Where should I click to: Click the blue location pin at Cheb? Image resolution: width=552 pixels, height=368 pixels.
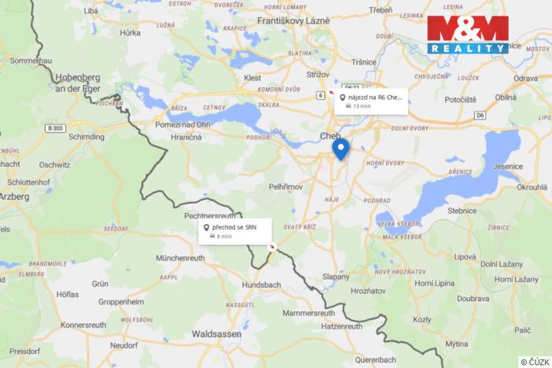point(340,148)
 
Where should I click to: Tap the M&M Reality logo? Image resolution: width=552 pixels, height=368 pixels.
point(468,34)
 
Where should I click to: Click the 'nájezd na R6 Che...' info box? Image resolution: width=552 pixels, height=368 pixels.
point(370,101)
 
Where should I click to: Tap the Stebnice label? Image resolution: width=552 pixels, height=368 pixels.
point(462,211)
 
